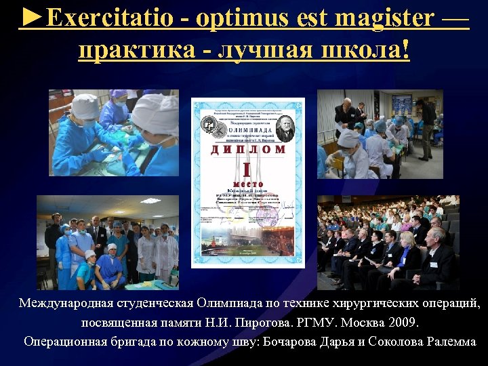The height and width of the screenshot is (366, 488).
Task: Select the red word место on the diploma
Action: [x=247, y=184]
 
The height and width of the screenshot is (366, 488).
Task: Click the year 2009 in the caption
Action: [x=404, y=322]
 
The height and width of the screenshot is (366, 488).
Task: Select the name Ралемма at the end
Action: [x=453, y=341]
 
